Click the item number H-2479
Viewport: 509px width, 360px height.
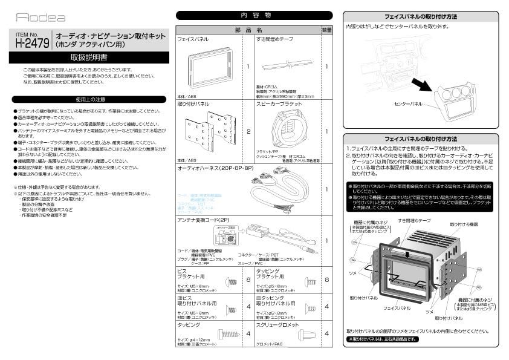pos(31,43)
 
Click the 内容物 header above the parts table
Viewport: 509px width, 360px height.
pos(254,16)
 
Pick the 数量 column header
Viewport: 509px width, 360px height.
pos(326,29)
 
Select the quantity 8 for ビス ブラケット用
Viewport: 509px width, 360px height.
pos(248,280)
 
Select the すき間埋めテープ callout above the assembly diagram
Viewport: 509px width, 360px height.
pos(414,221)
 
